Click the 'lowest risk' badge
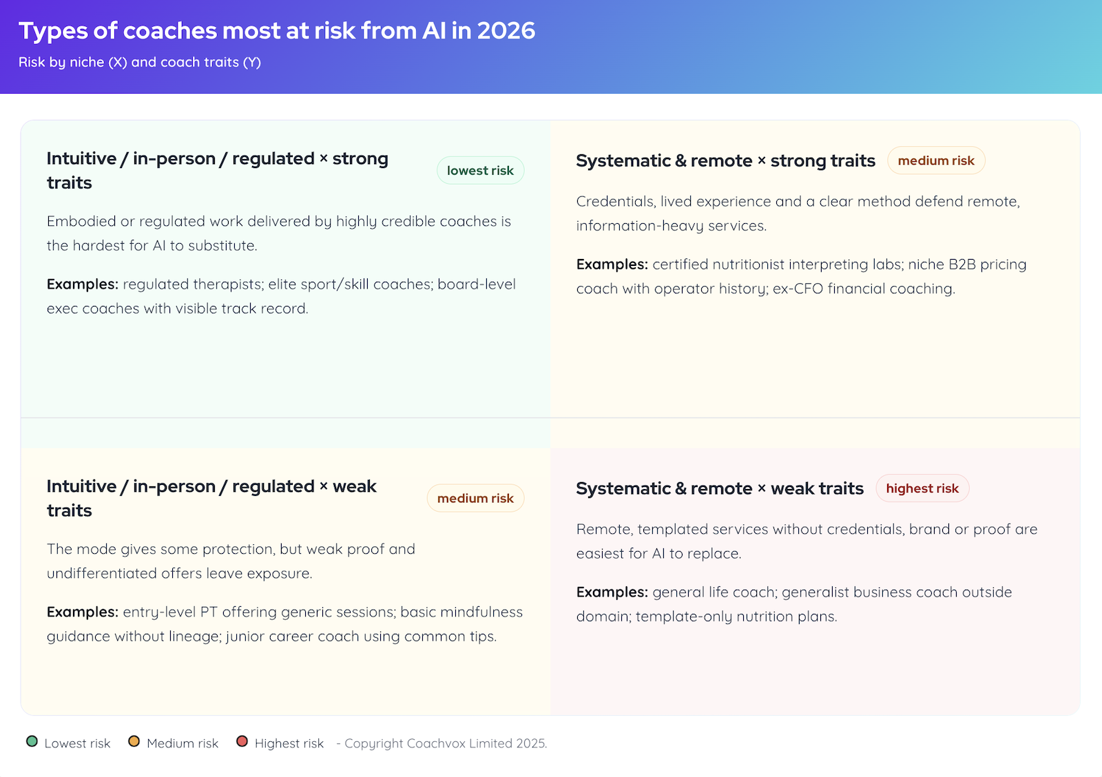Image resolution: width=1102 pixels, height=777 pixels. point(480,171)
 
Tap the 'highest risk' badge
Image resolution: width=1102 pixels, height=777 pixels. point(922,488)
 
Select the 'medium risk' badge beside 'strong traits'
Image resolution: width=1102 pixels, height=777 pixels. point(936,160)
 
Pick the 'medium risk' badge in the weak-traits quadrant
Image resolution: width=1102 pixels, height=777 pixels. point(475,499)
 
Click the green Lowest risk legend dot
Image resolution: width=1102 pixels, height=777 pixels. point(32,742)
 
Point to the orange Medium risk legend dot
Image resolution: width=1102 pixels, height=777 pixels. point(134,742)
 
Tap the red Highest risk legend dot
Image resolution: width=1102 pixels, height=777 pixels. point(242,742)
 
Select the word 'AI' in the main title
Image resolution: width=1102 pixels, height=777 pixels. point(434,31)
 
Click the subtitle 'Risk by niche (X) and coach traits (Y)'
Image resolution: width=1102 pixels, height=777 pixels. point(140,62)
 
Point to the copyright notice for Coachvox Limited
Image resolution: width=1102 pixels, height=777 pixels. point(445,743)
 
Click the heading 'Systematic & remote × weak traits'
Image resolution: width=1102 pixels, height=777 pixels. point(720,488)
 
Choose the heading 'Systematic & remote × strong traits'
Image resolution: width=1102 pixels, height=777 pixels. point(725,160)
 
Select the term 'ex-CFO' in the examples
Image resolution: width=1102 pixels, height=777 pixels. point(798,289)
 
